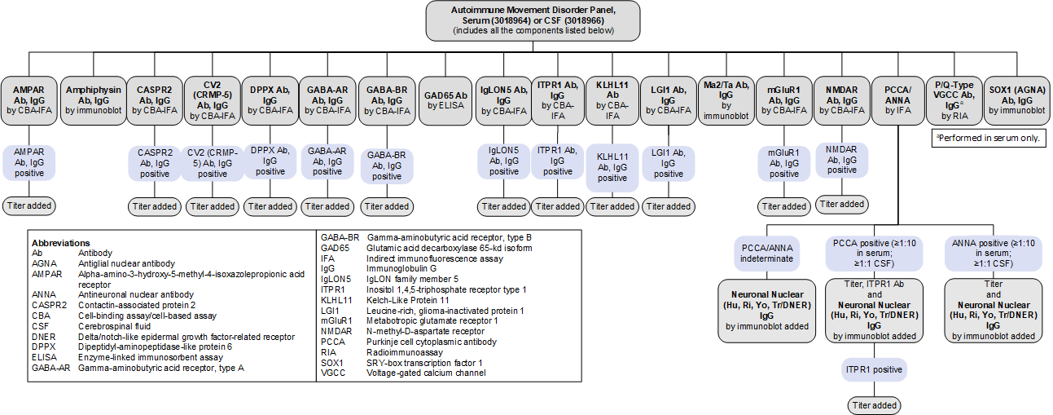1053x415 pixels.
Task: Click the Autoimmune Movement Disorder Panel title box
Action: tap(533, 20)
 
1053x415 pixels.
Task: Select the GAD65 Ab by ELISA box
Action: tap(445, 100)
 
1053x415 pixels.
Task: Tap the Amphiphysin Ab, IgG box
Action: tap(94, 100)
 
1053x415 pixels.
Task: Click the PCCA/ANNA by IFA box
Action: tap(897, 100)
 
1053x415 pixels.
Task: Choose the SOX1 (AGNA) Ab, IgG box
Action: tap(1017, 100)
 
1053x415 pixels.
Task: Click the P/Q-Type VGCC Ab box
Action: tap(957, 100)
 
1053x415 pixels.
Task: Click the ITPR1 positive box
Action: tap(874, 370)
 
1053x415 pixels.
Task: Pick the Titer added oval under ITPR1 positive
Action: tap(874, 404)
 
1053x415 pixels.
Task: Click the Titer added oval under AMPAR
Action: tap(29, 205)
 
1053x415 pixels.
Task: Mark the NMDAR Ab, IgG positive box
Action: tap(842, 161)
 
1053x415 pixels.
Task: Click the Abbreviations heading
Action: tap(60, 243)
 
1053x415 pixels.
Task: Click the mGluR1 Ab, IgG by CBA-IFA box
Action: tap(784, 100)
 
